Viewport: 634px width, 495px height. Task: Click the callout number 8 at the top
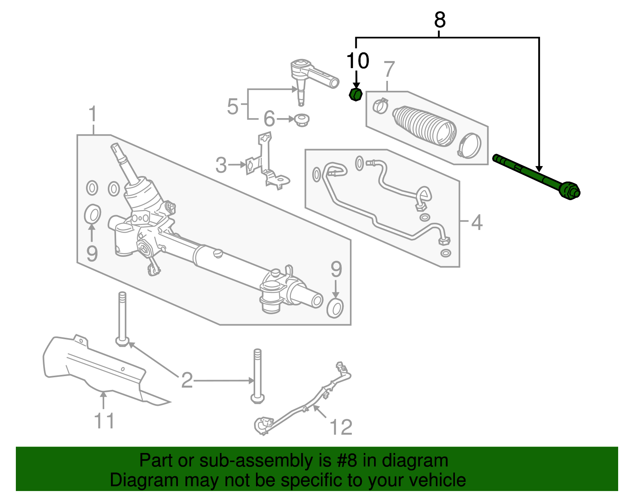coord(440,20)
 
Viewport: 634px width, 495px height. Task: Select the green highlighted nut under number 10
coord(355,95)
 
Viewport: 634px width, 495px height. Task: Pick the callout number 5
coord(233,106)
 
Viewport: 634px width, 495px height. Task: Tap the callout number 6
coord(269,119)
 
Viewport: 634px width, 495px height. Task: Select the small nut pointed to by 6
coord(302,120)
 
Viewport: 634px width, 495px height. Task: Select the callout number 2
coord(187,380)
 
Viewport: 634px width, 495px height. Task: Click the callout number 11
coord(104,421)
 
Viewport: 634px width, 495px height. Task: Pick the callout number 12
coord(341,427)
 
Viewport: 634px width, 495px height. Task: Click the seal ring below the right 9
coord(335,308)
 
